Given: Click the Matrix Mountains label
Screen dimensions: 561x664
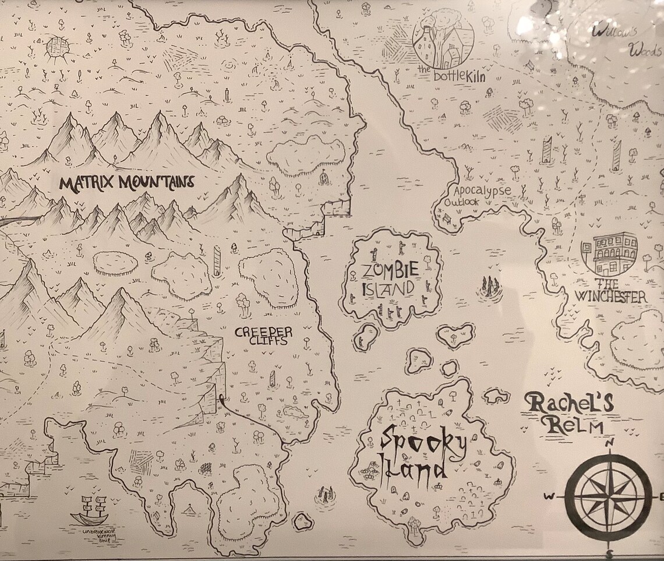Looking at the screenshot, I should pyautogui.click(x=126, y=183).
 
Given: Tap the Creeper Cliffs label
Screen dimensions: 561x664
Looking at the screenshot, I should pyautogui.click(x=263, y=336).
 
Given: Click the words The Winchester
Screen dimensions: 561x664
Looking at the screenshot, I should pyautogui.click(x=610, y=291).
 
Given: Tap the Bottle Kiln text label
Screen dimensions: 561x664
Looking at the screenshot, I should pyautogui.click(x=451, y=75).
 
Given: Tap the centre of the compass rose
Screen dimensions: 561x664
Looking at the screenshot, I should pyautogui.click(x=609, y=497).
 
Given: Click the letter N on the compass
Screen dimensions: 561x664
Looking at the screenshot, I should pyautogui.click(x=610, y=443).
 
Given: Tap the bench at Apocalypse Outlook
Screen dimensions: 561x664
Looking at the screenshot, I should pyautogui.click(x=447, y=218).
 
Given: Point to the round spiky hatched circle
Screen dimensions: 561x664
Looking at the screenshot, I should pyautogui.click(x=58, y=47).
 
